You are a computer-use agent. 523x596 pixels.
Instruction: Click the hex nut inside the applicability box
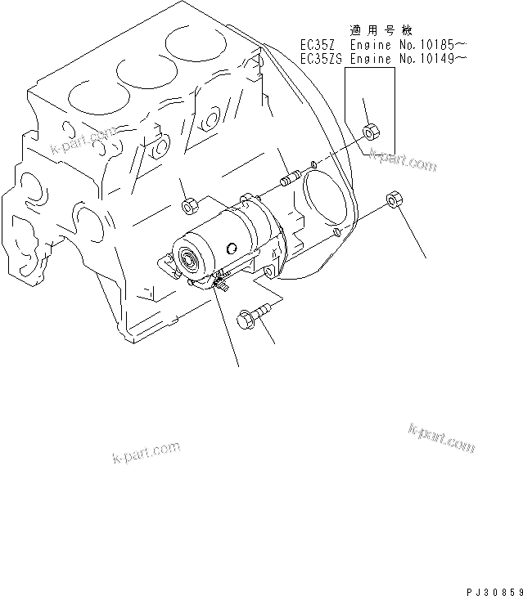pyautogui.click(x=369, y=129)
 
